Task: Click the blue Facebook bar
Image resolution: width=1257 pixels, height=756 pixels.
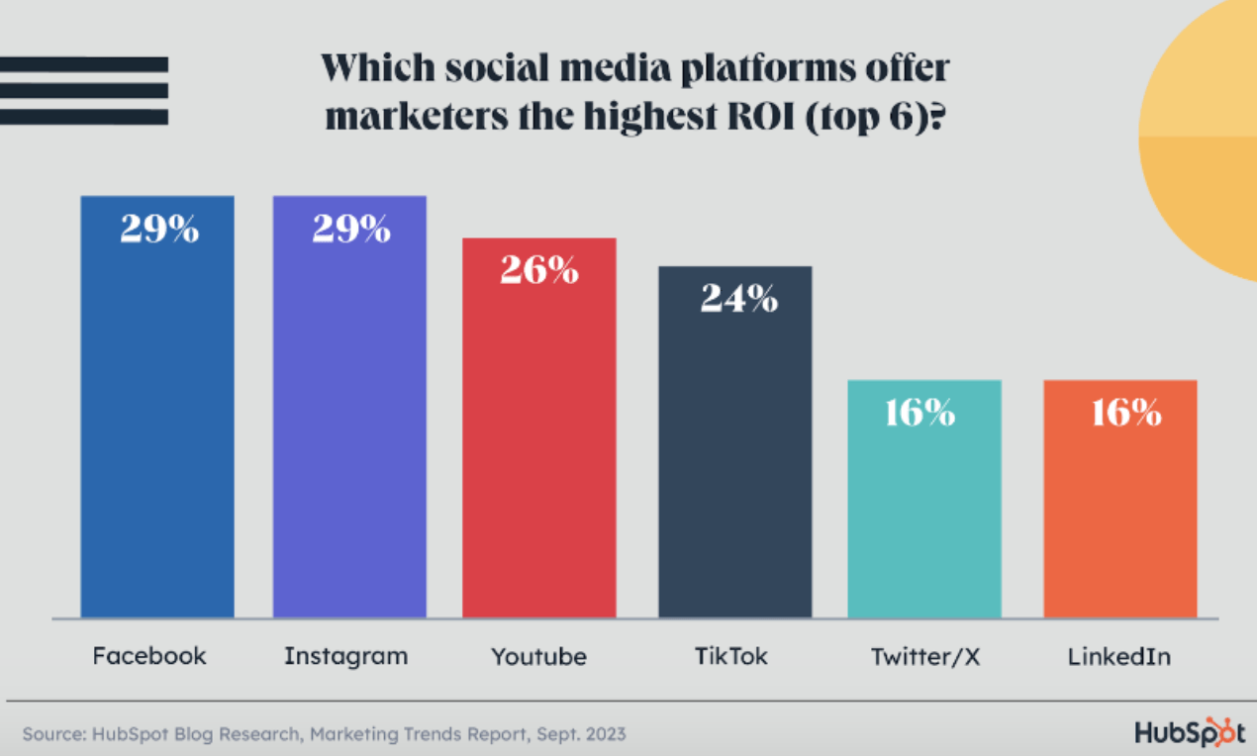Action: point(157,407)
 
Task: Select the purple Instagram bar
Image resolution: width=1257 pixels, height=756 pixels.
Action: point(349,407)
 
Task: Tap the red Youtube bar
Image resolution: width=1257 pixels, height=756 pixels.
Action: point(539,427)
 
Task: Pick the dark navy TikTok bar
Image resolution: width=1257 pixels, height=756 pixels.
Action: point(735,442)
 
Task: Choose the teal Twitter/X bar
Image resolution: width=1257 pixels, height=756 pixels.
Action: point(924,499)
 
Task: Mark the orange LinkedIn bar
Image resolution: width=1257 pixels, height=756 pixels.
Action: point(1120,499)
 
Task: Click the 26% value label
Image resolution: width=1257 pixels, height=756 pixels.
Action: point(539,270)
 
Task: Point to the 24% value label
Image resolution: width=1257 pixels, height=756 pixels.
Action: point(739,298)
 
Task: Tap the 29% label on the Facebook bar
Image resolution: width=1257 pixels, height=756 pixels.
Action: point(159,229)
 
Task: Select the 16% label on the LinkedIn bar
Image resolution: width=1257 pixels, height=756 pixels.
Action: point(1126,413)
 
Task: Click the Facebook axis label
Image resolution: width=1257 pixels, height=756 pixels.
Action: point(149,656)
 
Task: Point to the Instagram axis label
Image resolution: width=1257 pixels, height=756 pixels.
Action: point(346,657)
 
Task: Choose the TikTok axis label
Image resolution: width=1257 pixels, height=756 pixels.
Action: point(731,656)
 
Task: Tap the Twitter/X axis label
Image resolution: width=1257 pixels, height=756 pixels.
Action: point(925,657)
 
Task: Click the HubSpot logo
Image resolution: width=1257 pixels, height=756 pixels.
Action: point(1190,731)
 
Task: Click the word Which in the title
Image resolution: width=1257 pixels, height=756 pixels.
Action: point(378,68)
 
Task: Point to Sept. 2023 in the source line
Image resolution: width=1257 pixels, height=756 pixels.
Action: point(581,734)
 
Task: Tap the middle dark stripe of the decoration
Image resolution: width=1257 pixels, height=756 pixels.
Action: point(84,91)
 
